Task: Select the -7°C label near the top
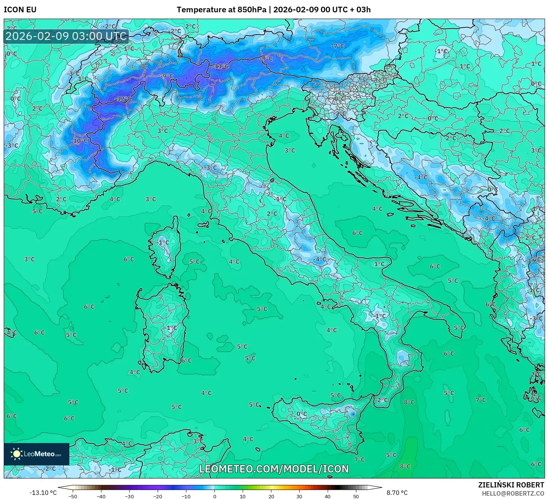point(338,46)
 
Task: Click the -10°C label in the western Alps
point(80,141)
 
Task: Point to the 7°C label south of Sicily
point(359,459)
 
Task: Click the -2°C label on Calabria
point(381,400)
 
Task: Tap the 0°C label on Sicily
point(302,414)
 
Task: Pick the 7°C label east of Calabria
point(481,400)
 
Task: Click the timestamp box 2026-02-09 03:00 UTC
point(66,36)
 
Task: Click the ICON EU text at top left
point(20,10)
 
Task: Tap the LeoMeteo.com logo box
point(37,454)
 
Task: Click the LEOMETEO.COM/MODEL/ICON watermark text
point(274,469)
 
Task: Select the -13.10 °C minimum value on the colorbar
point(43,493)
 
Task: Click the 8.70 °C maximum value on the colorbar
point(397,493)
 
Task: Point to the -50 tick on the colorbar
point(73,496)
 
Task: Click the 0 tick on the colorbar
point(214,496)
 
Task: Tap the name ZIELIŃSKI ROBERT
point(511,485)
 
